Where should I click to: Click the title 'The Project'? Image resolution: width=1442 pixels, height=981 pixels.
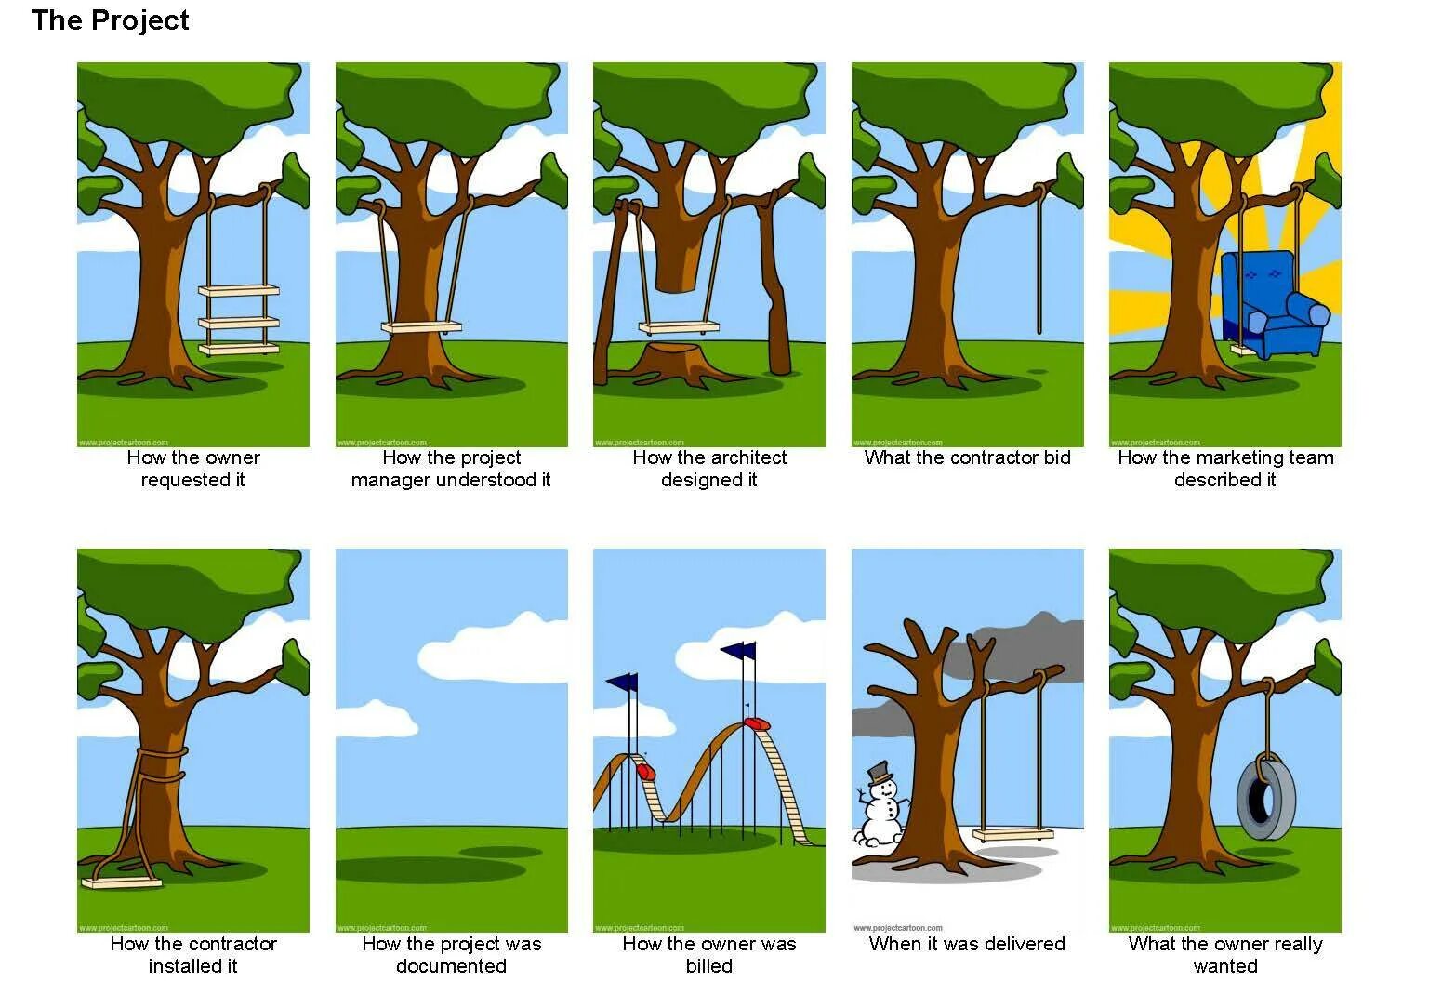pos(110,20)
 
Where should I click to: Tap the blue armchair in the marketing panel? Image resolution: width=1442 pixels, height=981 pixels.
pos(1273,307)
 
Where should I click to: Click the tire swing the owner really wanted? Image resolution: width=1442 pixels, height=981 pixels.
pos(1264,798)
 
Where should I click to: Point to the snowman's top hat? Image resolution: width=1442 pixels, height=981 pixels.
pos(879,773)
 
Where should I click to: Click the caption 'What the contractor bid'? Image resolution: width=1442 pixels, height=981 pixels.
pos(967,457)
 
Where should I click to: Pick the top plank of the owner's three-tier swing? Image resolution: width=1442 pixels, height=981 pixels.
pos(239,291)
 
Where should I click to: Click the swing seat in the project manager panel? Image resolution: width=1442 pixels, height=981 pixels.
pos(421,327)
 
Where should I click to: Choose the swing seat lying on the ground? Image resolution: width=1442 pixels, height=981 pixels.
pos(122,882)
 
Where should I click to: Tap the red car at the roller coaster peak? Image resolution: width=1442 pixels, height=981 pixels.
pos(758,722)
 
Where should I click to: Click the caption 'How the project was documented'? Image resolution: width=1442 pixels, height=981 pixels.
pos(451,955)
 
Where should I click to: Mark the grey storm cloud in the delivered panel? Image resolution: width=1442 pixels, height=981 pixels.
pos(1023,651)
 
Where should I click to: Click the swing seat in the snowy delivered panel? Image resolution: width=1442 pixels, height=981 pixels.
pos(1013,834)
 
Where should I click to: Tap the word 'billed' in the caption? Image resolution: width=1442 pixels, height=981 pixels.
pos(708,966)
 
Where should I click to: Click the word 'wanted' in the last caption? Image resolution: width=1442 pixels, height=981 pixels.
pos(1224,966)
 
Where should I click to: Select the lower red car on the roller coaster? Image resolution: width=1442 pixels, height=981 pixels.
pos(645,771)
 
